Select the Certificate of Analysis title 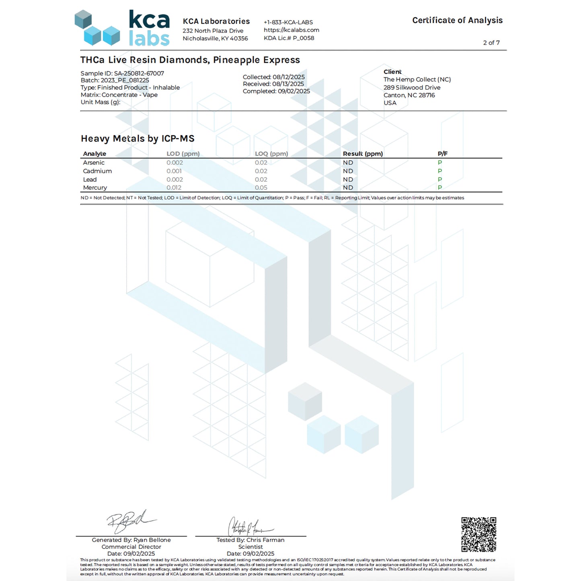[457, 21]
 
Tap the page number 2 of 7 [491, 43]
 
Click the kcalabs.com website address [291, 30]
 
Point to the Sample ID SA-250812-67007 [122, 73]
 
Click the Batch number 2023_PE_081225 [115, 80]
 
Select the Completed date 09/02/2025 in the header [276, 91]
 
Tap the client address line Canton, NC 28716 [409, 95]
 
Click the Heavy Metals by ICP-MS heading [138, 139]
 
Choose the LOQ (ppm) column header [271, 154]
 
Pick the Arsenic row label [94, 162]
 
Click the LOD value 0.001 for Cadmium [174, 171]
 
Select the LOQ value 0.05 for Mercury [261, 188]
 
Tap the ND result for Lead [348, 179]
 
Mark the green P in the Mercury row [439, 188]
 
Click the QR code [478, 534]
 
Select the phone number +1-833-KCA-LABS [288, 23]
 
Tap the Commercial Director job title [131, 547]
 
